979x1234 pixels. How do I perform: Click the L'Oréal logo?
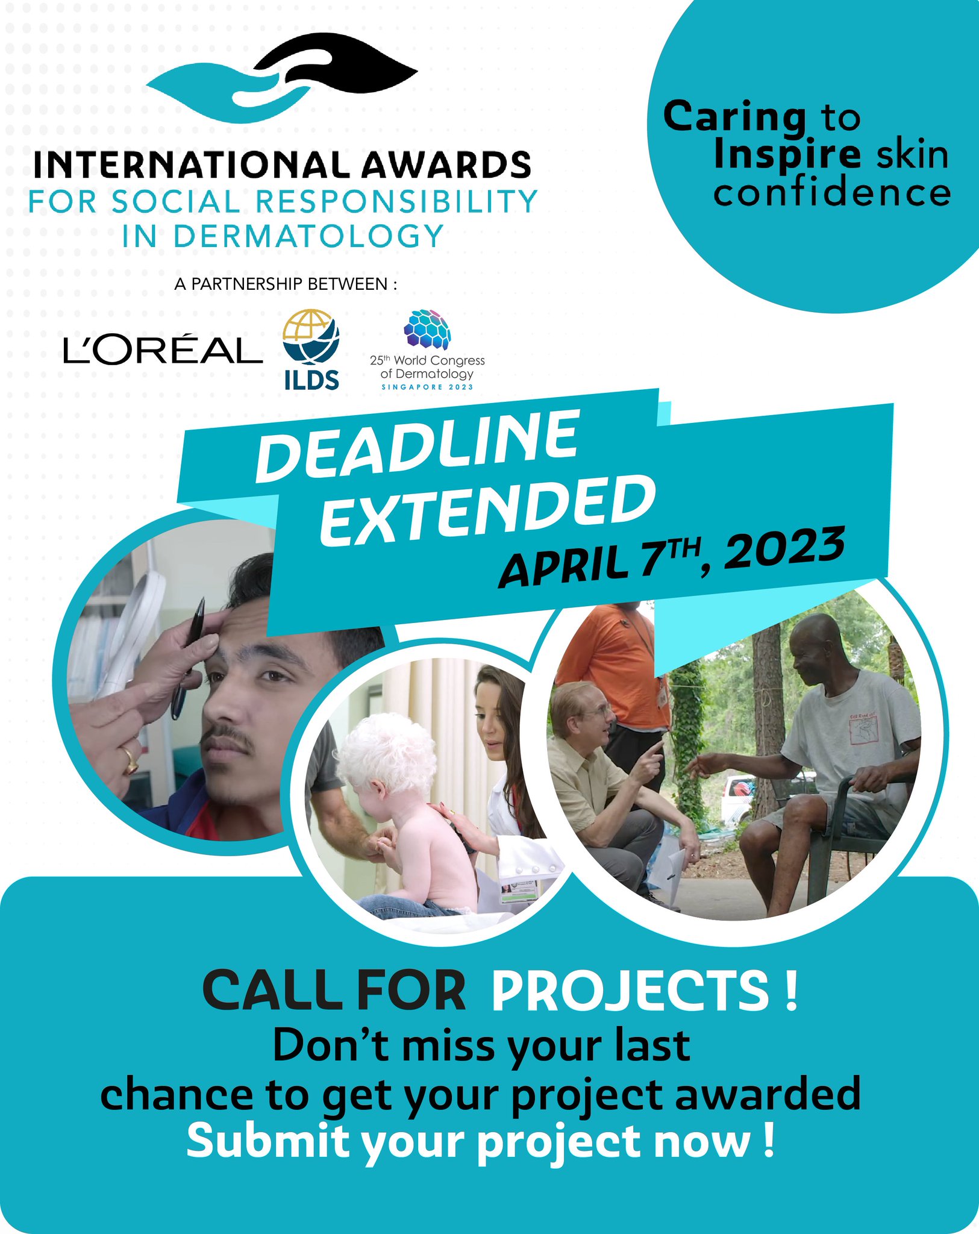[x=163, y=350]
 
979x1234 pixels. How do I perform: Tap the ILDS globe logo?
[x=311, y=337]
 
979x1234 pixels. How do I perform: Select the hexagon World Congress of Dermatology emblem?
[x=427, y=330]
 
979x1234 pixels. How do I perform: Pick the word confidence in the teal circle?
[x=832, y=193]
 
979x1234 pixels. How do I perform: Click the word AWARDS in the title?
[x=446, y=164]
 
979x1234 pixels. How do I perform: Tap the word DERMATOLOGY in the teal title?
[x=308, y=236]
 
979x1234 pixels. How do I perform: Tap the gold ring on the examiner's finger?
[x=130, y=760]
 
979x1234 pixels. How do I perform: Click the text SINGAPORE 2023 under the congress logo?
[x=427, y=387]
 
